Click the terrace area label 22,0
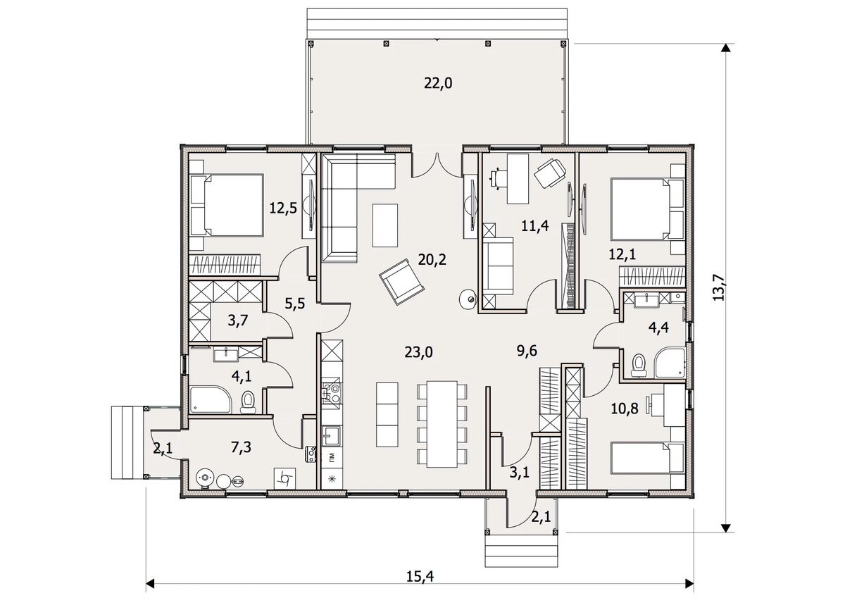[438, 83]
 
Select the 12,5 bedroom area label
[283, 208]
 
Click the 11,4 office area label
[535, 226]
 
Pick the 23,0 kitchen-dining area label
[419, 352]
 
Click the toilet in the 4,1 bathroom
[248, 402]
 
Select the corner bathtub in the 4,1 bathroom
[211, 399]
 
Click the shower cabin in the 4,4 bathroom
[670, 362]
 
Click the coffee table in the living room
[384, 225]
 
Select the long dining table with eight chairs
[442, 424]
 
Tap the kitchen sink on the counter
[332, 436]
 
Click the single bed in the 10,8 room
[647, 458]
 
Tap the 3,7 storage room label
[238, 320]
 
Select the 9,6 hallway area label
[527, 351]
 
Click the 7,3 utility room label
[241, 447]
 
